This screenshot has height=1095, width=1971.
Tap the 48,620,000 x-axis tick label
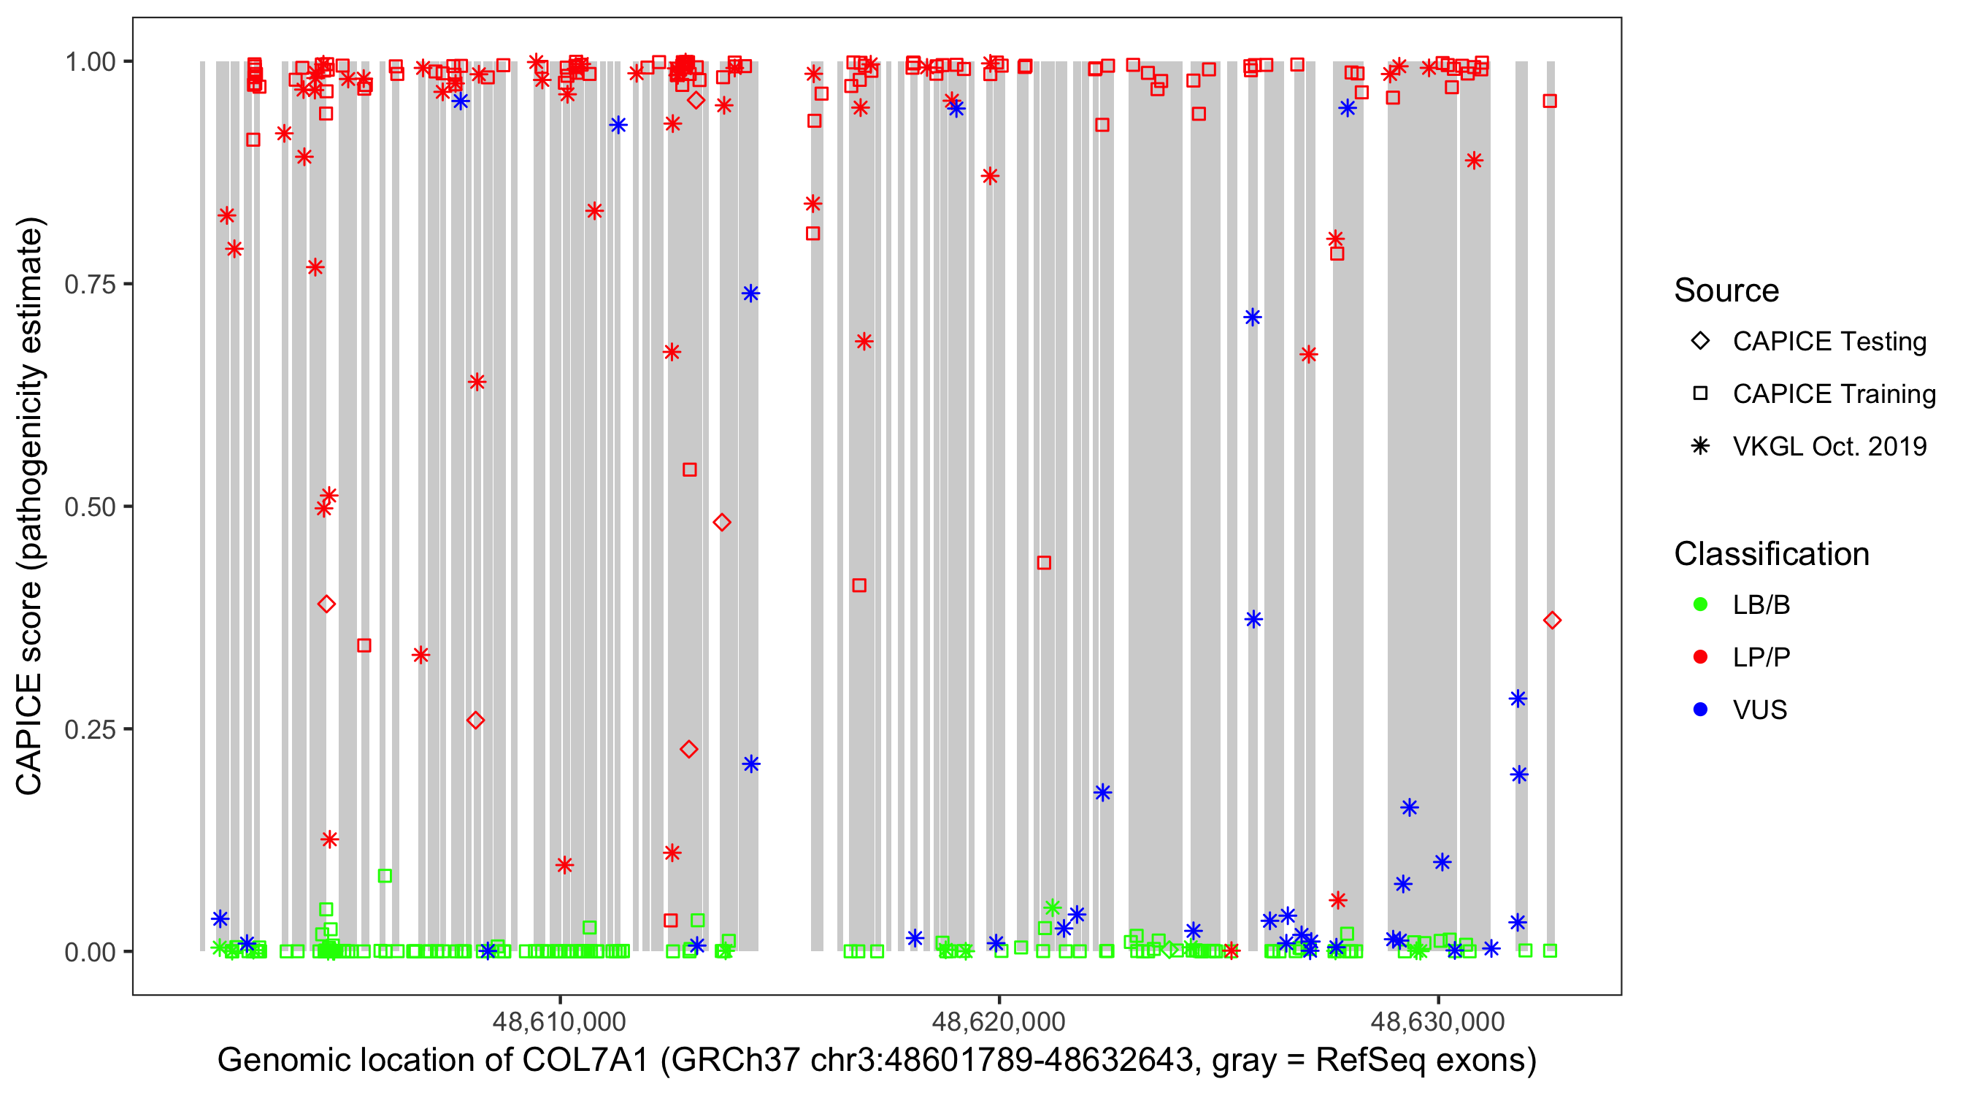point(998,1021)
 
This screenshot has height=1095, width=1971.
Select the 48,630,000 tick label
point(1437,1021)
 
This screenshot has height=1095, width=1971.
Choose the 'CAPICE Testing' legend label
point(1829,342)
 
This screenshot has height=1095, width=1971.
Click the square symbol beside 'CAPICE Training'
point(1700,393)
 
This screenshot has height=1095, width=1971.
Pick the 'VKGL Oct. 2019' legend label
point(1829,446)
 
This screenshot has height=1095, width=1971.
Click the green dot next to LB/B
point(1700,604)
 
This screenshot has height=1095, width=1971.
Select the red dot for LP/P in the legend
point(1700,657)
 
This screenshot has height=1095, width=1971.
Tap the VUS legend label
point(1759,710)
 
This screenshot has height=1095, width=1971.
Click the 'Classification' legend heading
point(1770,554)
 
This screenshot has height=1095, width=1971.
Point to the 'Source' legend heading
point(1726,291)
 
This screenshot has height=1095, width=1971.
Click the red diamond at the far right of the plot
point(1552,620)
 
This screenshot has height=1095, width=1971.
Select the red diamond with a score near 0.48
point(721,523)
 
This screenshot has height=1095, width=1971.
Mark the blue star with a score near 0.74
point(750,294)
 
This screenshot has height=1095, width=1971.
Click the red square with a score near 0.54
point(689,470)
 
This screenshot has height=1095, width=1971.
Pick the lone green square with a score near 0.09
point(385,875)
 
